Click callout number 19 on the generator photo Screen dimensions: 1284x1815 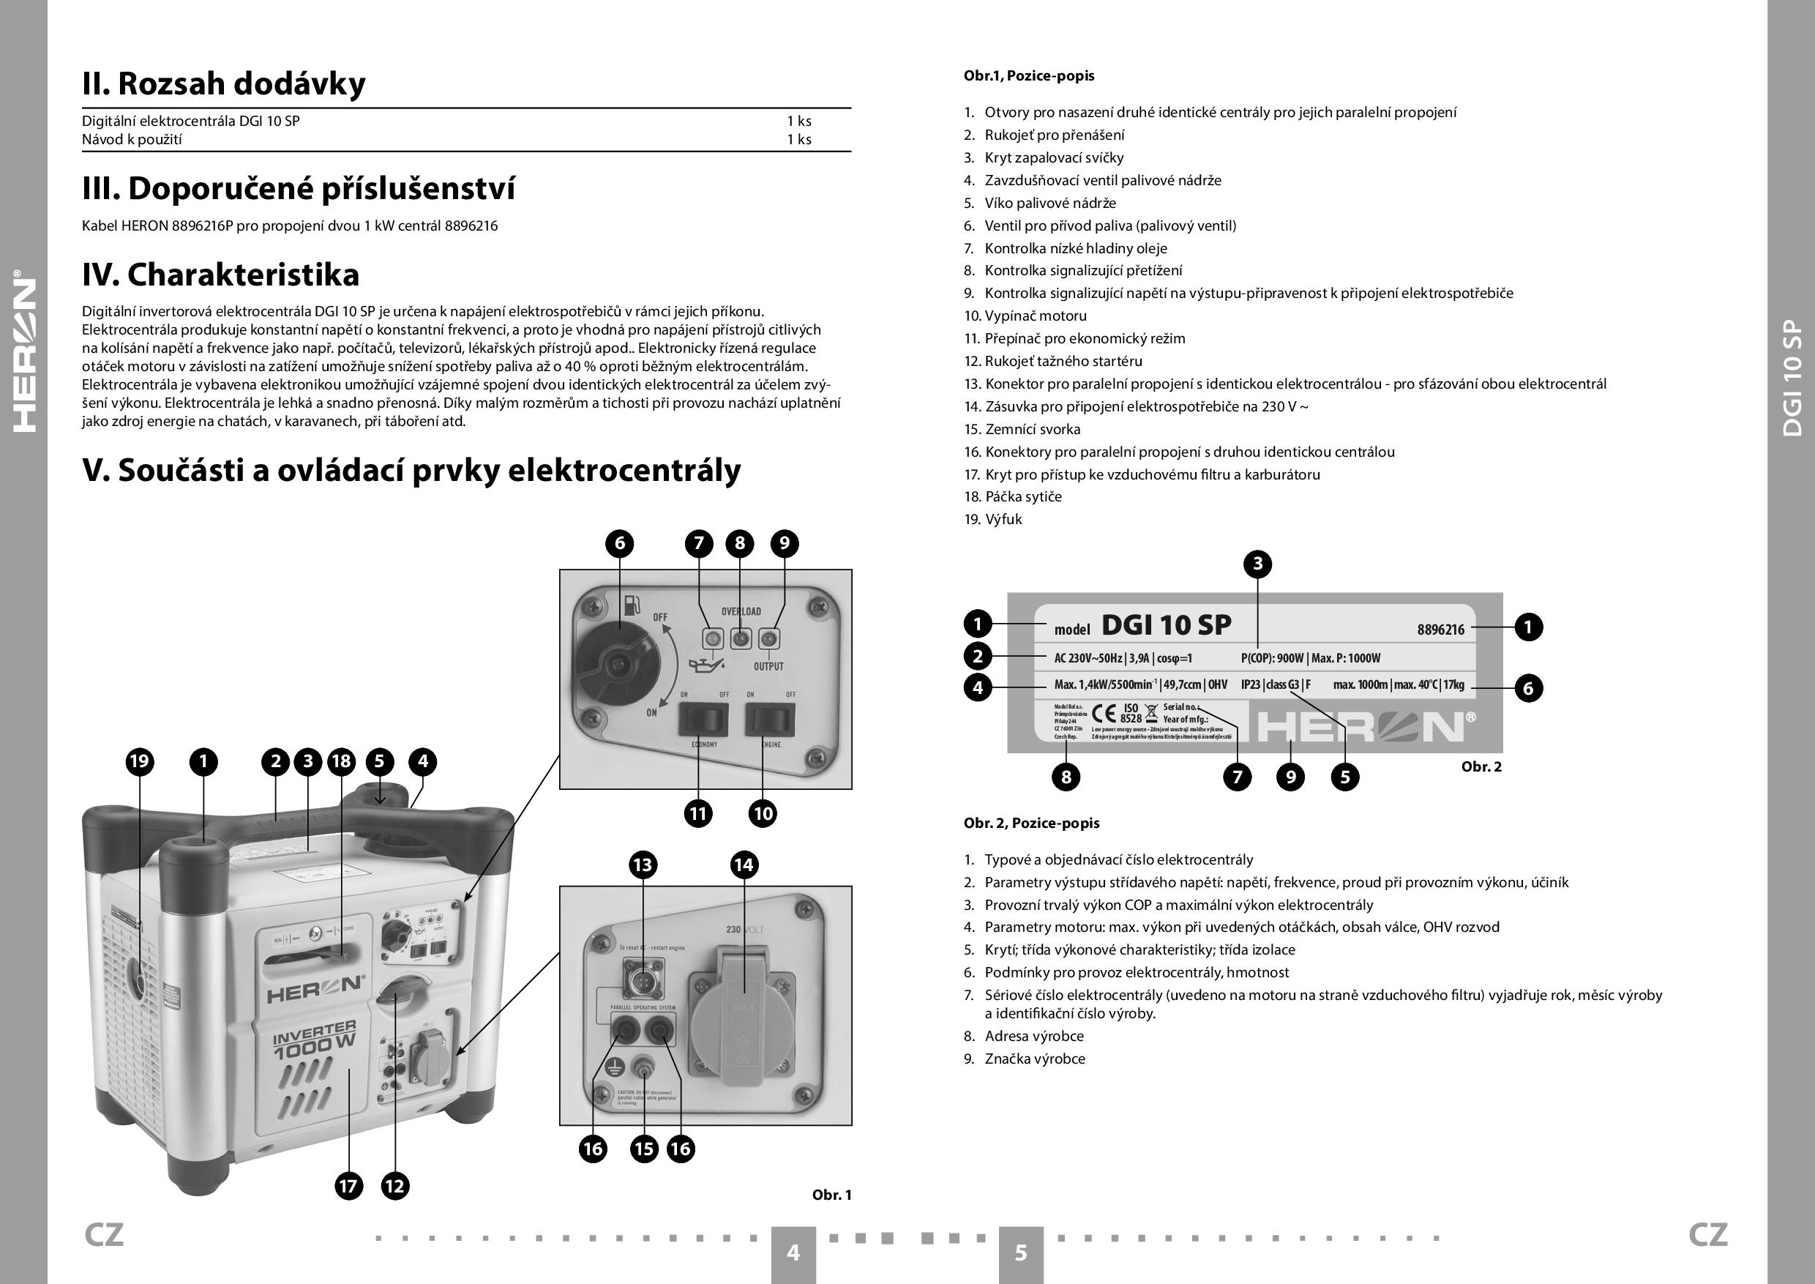point(139,761)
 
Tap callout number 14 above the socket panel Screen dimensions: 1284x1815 point(743,865)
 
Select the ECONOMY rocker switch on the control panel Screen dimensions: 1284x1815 point(703,719)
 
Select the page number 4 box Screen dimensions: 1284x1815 point(793,1253)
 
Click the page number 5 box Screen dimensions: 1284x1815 point(1020,1253)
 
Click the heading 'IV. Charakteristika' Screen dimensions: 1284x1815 point(220,275)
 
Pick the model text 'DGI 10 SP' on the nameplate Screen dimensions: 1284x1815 point(1166,625)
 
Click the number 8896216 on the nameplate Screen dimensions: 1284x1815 point(1440,630)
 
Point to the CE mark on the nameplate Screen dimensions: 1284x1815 point(1104,714)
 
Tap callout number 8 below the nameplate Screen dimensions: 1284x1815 point(1066,777)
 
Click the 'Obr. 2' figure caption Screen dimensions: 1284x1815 point(1481,766)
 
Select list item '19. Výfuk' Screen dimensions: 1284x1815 point(993,520)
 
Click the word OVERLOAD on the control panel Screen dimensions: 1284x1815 point(741,611)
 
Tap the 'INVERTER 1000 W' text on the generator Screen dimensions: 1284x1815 point(314,1038)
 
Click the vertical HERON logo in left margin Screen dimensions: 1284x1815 point(24,351)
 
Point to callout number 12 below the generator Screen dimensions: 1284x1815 point(394,1185)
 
